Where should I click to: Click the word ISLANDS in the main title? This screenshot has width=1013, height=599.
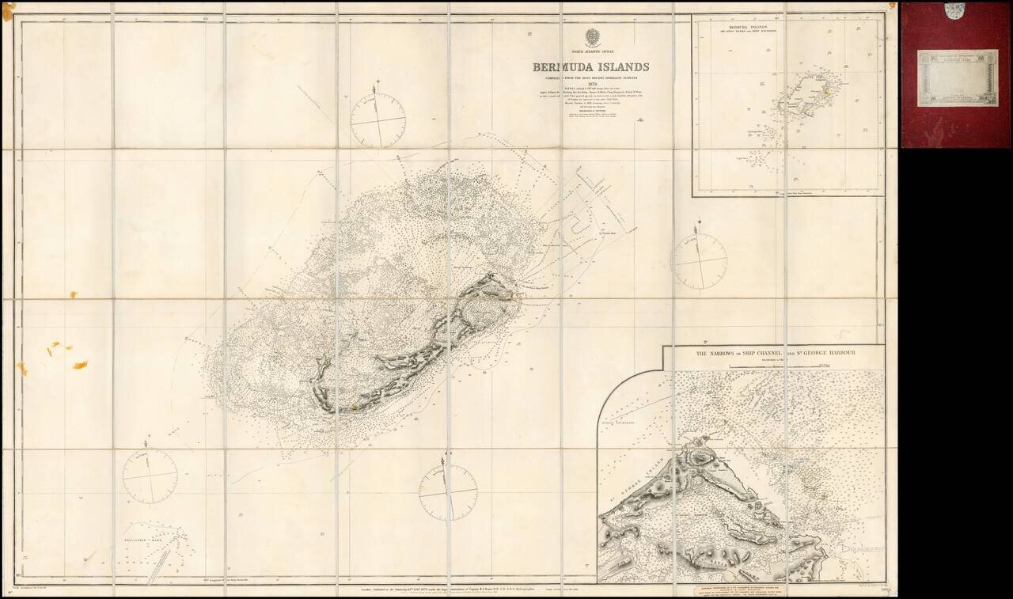[617, 67]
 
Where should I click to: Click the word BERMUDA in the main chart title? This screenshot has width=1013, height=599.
[563, 67]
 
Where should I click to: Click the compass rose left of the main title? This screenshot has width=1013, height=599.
[378, 121]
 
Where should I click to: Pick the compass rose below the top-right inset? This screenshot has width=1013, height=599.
[698, 261]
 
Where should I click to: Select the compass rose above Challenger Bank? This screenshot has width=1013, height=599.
[150, 476]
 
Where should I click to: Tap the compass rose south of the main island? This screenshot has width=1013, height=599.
[448, 492]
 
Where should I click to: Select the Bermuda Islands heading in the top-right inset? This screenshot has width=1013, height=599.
[787, 26]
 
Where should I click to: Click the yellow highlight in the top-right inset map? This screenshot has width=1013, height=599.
[825, 92]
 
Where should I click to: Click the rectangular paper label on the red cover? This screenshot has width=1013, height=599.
[958, 78]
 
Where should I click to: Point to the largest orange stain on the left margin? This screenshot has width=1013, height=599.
[80, 365]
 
